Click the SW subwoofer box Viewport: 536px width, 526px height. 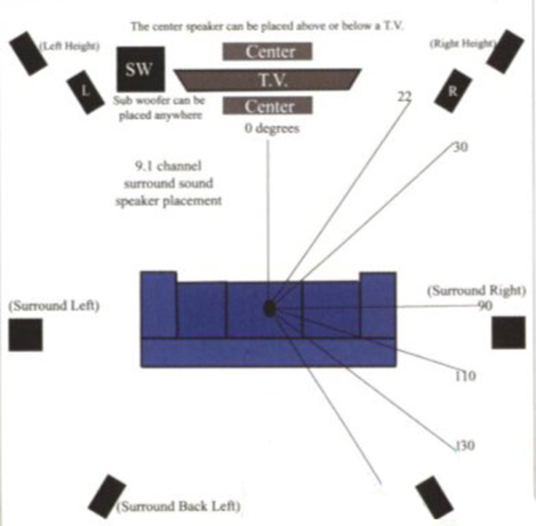click(140, 69)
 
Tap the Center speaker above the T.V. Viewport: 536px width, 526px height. click(268, 52)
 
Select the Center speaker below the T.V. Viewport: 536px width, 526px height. click(268, 106)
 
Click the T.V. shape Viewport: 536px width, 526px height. click(268, 80)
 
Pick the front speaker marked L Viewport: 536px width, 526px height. click(85, 92)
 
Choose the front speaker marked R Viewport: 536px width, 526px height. click(453, 91)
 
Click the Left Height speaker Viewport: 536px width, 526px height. click(28, 53)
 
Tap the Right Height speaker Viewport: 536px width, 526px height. click(505, 52)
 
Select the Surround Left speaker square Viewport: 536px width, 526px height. click(26, 335)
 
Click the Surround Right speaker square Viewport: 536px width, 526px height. click(508, 332)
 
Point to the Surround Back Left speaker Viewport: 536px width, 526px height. click(107, 497)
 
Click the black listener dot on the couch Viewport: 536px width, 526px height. click(269, 308)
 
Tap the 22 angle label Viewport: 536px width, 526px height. click(404, 97)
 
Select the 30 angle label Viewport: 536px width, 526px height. click(460, 147)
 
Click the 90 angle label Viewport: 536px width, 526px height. click(485, 306)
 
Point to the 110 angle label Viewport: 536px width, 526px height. click(466, 376)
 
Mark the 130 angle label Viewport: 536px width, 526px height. click(466, 446)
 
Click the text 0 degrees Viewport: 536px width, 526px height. click(272, 129)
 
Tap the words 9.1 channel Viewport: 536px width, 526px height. click(168, 166)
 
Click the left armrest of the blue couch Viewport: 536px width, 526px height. click(159, 304)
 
